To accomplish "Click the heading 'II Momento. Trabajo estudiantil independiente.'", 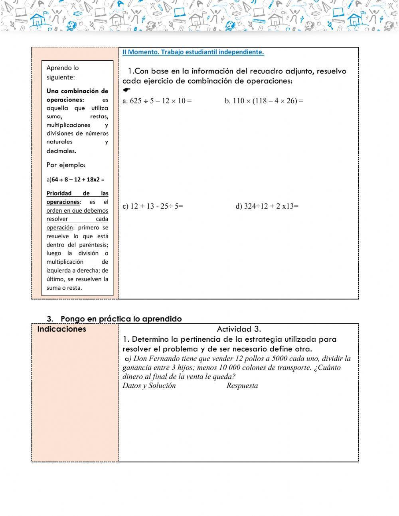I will click(x=193, y=52).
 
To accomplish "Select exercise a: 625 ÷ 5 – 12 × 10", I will click(x=157, y=101).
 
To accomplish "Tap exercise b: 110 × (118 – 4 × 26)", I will click(x=264, y=101).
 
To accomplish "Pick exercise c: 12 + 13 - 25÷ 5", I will click(x=153, y=206).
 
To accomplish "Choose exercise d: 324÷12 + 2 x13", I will click(x=267, y=206).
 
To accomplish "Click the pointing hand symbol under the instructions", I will click(x=127, y=90).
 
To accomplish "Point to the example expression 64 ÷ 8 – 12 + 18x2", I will click(x=78, y=179).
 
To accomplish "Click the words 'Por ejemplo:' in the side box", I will click(x=66, y=165).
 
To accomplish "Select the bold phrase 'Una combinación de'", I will click(x=77, y=91).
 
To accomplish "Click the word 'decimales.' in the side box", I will click(x=61, y=151).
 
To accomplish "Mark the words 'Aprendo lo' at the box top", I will click(x=63, y=68).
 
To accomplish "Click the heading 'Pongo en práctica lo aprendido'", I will click(x=121, y=319).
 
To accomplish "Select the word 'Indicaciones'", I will click(x=61, y=329).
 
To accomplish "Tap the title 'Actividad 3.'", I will click(x=239, y=329).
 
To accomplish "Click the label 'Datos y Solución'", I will click(x=149, y=386).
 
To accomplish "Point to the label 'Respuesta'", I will click(x=242, y=386).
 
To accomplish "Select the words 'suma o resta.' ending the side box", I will click(x=64, y=288).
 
